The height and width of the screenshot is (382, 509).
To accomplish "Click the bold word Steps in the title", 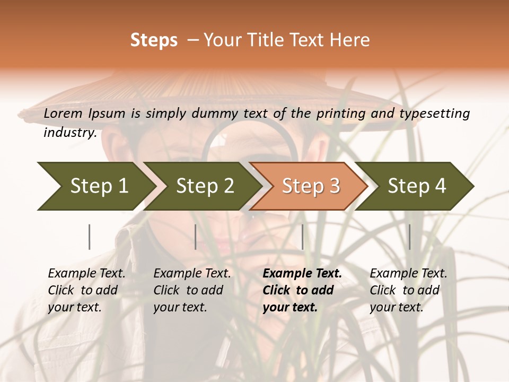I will pyautogui.click(x=154, y=40).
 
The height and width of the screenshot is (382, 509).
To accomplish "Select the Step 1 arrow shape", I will pyautogui.click(x=95, y=186).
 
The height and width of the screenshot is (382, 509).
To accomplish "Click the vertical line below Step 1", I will pyautogui.click(x=90, y=237).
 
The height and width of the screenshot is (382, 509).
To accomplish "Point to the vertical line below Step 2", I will pyautogui.click(x=196, y=237).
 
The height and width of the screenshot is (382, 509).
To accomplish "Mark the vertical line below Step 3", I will pyautogui.click(x=302, y=237).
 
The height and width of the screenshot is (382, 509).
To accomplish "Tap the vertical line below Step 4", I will pyautogui.click(x=409, y=237).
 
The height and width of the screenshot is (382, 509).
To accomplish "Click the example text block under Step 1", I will pyautogui.click(x=86, y=290).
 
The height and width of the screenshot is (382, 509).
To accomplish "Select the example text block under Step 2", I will pyautogui.click(x=192, y=290).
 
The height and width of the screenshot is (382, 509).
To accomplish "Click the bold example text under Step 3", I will pyautogui.click(x=302, y=290).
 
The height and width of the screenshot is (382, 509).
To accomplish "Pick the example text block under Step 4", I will pyautogui.click(x=408, y=290).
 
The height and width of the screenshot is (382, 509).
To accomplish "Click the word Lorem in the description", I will pyautogui.click(x=63, y=114).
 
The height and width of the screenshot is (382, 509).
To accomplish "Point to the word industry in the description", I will pyautogui.click(x=69, y=133).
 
